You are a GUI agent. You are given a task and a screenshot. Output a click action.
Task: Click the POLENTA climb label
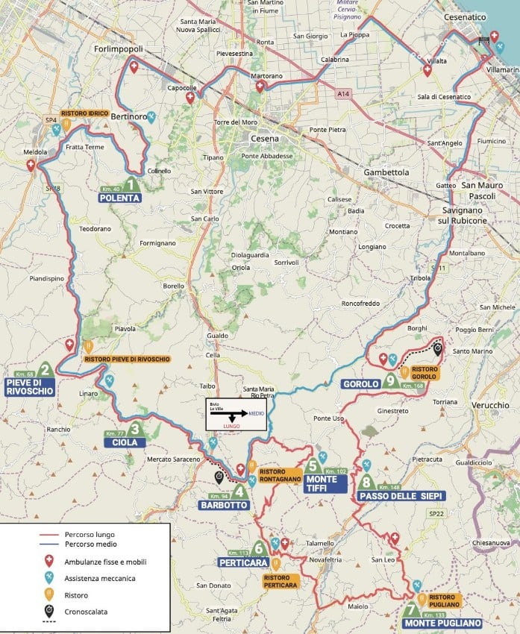(119, 198)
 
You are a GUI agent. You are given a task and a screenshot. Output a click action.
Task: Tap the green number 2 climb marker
(46, 369)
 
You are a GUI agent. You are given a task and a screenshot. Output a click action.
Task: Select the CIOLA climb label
(125, 442)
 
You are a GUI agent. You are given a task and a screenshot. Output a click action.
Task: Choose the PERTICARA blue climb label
(243, 562)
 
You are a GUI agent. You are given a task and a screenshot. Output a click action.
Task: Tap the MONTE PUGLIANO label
(442, 623)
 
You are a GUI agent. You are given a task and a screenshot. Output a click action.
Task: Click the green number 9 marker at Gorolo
(390, 380)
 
